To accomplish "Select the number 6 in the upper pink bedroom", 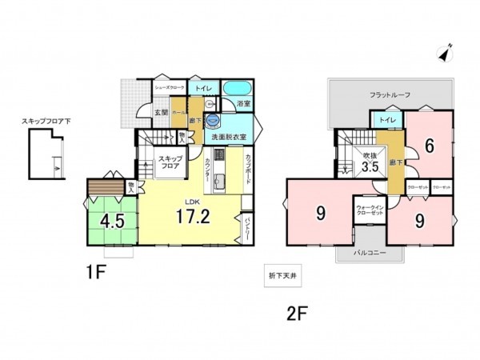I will pos(429,146).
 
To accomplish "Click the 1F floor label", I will pos(96,272).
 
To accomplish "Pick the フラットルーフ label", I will pos(390,95).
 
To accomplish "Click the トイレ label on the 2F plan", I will pos(389,119).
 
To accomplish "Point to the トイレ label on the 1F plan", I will pos(203,88).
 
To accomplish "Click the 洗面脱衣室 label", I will pos(227,137).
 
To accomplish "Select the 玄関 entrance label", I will pos(161,112).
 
